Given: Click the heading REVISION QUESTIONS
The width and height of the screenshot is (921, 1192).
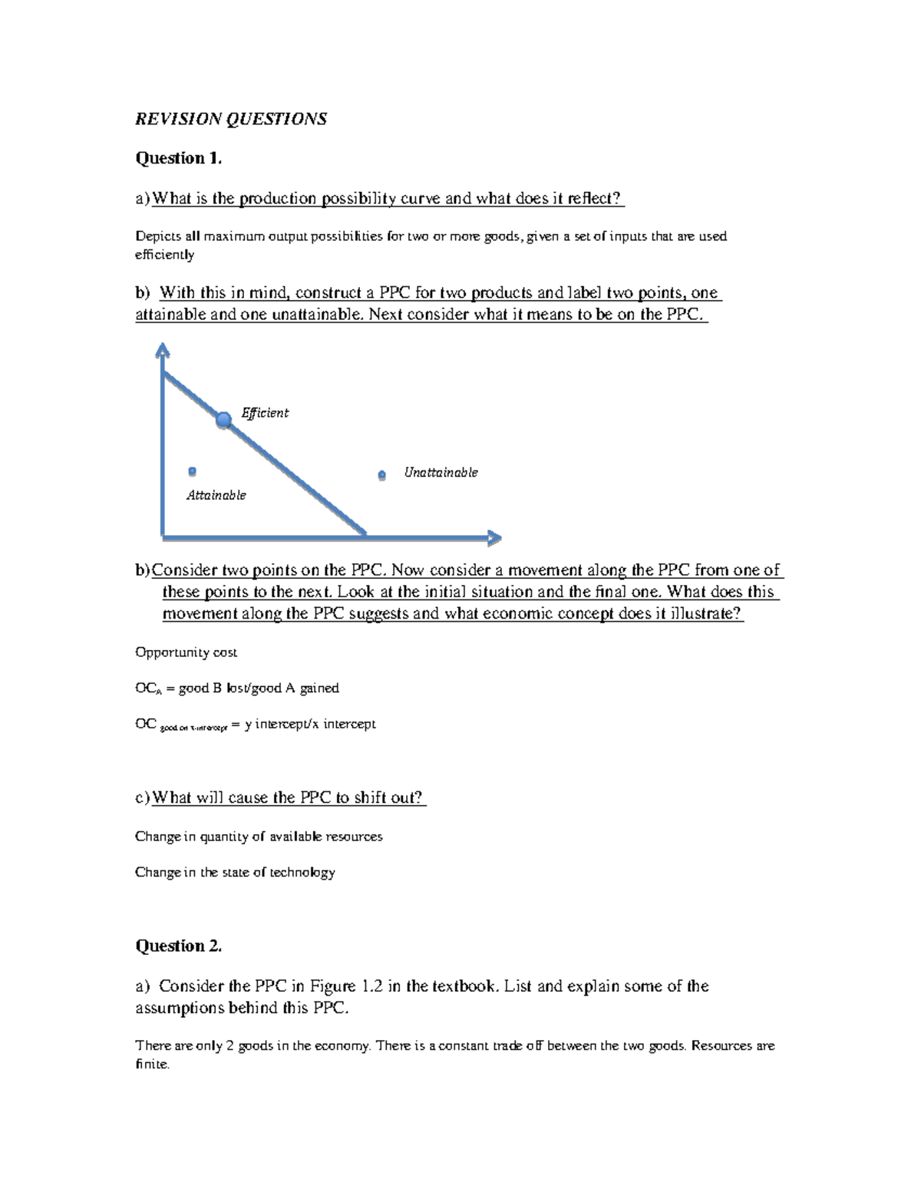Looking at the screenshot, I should [x=231, y=119].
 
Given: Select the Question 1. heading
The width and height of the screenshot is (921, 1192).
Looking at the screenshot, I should [x=178, y=158].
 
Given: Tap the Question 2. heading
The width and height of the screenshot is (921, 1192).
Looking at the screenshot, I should [x=178, y=946].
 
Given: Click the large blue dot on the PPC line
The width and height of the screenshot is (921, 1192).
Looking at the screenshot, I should [x=223, y=420].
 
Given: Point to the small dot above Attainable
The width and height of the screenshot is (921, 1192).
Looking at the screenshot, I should [x=193, y=471].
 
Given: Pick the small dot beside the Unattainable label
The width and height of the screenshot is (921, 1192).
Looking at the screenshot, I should [x=381, y=476].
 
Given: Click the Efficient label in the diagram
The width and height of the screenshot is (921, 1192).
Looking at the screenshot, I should [x=265, y=413].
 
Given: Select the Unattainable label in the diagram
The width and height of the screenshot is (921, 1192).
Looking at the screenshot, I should [x=441, y=473].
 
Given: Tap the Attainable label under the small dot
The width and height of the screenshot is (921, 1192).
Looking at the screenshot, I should [x=216, y=496].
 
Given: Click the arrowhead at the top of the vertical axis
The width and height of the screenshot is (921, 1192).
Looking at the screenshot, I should [x=162, y=350].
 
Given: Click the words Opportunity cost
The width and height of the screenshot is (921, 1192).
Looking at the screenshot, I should [x=186, y=652].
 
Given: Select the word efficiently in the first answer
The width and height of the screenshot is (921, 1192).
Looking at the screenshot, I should [x=164, y=255].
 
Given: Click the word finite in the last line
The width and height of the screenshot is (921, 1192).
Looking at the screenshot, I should [x=150, y=1065].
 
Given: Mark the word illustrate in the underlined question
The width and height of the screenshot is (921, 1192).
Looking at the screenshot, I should [x=704, y=614].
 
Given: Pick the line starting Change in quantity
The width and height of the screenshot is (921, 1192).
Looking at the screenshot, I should [x=259, y=837].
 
